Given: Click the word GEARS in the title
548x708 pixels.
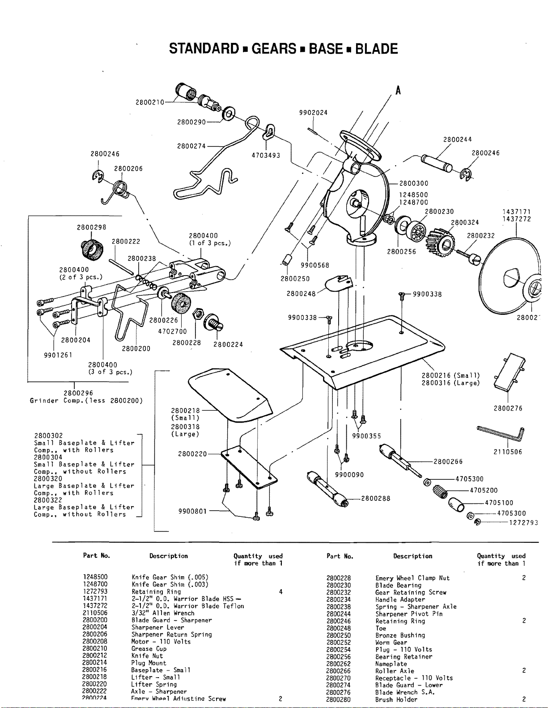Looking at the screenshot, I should (x=274, y=49).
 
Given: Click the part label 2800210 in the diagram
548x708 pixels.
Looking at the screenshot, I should (x=150, y=102).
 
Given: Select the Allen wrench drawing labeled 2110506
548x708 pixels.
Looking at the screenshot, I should (x=501, y=433).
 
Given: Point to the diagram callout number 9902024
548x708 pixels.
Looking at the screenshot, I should (x=313, y=113).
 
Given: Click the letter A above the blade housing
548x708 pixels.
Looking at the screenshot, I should (x=398, y=91).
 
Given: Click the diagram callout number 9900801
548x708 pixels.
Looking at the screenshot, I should (x=192, y=511).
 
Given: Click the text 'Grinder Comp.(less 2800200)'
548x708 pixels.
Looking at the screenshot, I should (x=86, y=401).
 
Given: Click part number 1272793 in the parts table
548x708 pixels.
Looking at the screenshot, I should (x=95, y=591).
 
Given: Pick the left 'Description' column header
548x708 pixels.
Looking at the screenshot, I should (x=169, y=556).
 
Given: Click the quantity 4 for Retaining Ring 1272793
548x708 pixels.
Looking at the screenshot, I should (x=280, y=592).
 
